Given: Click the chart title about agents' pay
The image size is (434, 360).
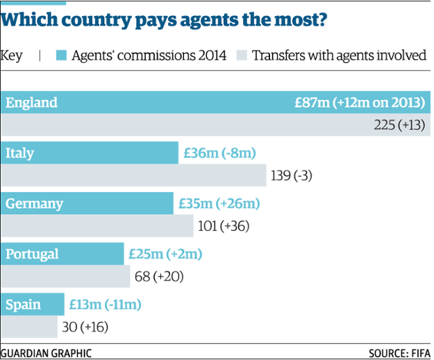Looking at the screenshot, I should pyautogui.click(x=165, y=20).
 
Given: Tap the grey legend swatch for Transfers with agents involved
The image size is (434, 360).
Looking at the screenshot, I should pyautogui.click(x=242, y=55).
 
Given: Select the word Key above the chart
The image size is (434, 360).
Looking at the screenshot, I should pyautogui.click(x=12, y=55).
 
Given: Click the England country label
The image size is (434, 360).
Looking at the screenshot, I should pyautogui.click(x=31, y=103).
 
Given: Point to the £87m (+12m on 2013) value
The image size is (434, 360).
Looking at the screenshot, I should pyautogui.click(x=359, y=103).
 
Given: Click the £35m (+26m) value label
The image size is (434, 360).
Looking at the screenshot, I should pyautogui.click(x=219, y=204).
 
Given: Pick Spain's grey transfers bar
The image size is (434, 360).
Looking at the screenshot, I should pyautogui.click(x=29, y=326).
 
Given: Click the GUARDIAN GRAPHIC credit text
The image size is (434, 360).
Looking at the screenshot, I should pyautogui.click(x=46, y=352).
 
